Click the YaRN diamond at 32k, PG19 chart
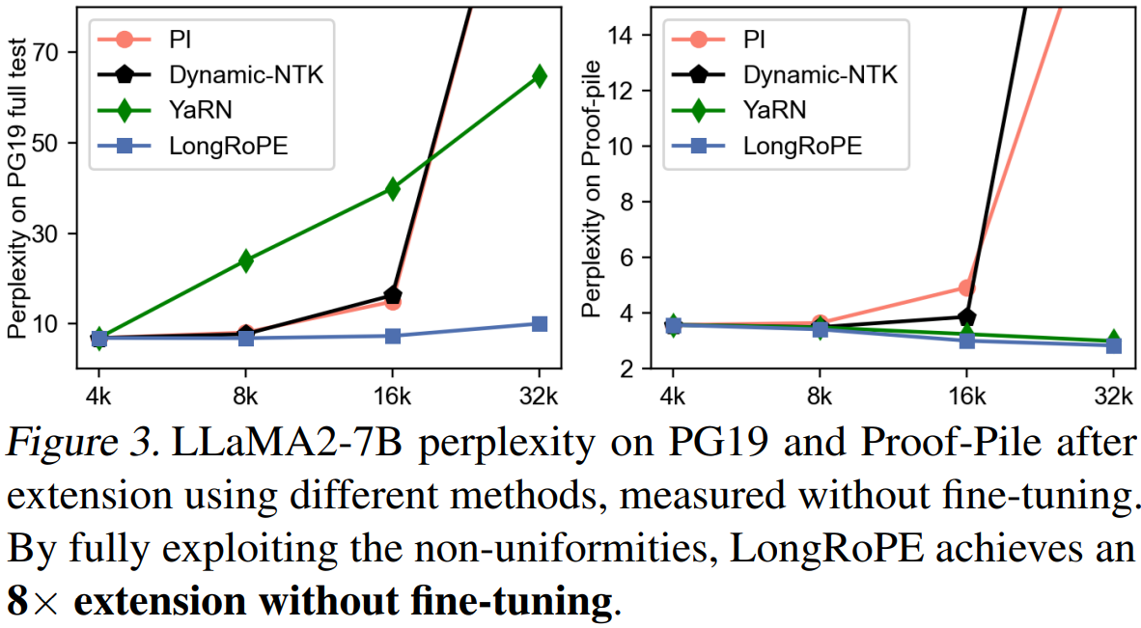point(539,76)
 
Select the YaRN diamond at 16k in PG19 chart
point(392,188)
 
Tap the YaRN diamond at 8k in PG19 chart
point(245,260)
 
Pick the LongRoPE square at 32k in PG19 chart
point(539,323)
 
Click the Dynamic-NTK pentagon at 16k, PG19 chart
point(393,294)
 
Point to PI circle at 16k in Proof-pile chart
point(966,287)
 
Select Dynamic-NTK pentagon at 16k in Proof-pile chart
point(966,316)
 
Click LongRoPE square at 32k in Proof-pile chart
point(1113,344)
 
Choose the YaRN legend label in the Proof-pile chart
point(770,110)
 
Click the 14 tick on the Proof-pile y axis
point(642,35)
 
